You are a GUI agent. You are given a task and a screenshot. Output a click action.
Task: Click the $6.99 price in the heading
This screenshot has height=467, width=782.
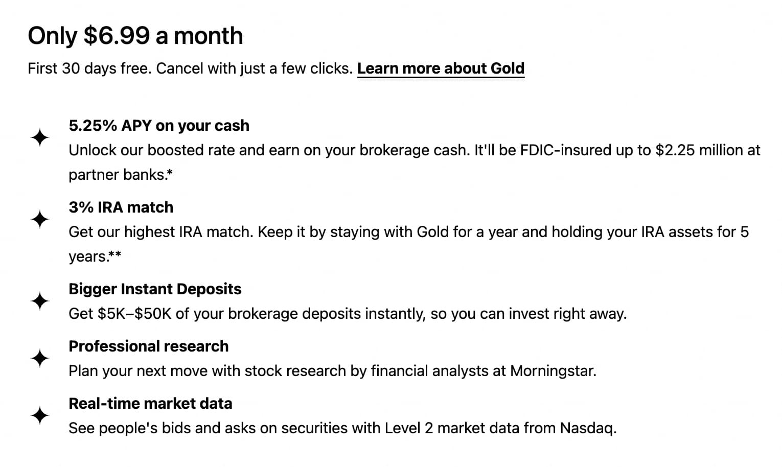(117, 36)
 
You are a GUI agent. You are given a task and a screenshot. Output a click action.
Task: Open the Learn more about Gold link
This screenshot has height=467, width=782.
(441, 68)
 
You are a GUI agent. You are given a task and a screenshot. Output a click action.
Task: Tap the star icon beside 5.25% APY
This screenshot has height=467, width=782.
(40, 138)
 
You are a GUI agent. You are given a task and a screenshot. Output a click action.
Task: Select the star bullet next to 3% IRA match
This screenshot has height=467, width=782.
(40, 220)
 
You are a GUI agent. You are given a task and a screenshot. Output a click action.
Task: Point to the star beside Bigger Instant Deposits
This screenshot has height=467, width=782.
(40, 301)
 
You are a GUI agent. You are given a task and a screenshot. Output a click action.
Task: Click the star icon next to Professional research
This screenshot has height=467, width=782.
(40, 358)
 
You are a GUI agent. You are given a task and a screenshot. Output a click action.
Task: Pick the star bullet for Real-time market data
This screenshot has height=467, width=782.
(40, 415)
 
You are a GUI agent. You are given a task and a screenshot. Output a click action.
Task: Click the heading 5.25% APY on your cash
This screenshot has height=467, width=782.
(159, 126)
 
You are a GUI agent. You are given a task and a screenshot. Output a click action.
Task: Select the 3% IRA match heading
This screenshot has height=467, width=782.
(121, 207)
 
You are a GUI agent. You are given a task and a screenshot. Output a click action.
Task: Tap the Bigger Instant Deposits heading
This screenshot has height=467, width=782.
(155, 289)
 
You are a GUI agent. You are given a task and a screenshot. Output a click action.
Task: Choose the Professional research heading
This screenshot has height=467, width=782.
(149, 346)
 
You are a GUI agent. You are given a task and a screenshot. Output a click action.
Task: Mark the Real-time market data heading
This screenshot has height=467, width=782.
(150, 404)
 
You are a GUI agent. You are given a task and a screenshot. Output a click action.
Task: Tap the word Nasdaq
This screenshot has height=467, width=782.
(587, 428)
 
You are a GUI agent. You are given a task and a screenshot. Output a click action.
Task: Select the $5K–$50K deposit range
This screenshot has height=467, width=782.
(134, 314)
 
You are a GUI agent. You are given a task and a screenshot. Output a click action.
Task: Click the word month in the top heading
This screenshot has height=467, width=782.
(208, 36)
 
